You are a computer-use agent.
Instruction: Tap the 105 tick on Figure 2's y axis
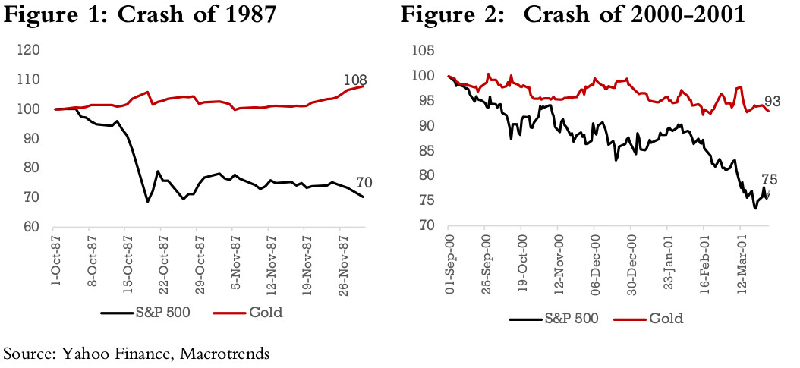(423, 52)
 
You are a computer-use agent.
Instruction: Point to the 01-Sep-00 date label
(438, 262)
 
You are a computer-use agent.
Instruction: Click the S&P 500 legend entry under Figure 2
(565, 318)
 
